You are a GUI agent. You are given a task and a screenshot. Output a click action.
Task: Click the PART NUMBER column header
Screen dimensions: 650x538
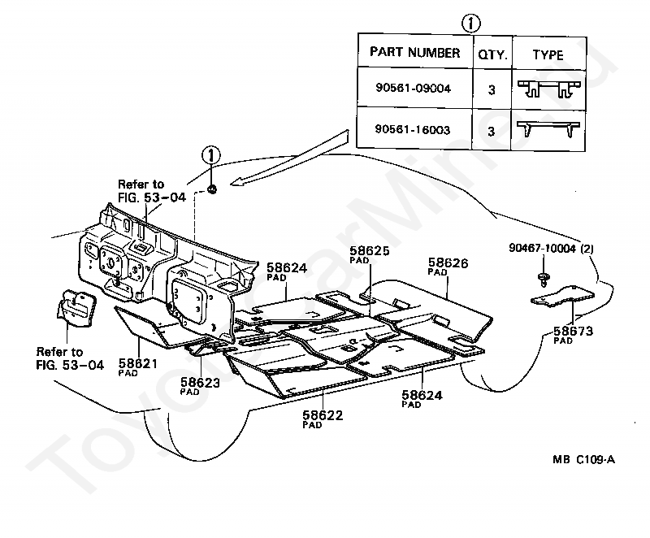[x=414, y=52]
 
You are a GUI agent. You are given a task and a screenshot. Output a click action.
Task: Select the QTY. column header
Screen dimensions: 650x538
[x=492, y=54]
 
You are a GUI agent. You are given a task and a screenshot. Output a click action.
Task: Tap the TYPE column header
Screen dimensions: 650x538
[x=548, y=54]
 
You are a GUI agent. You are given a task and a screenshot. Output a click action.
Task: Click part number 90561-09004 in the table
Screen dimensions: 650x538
[x=413, y=88]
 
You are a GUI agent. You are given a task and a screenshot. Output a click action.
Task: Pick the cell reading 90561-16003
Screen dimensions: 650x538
[x=413, y=129]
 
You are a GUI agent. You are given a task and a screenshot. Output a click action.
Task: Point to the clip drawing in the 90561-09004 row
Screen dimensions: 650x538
[x=549, y=89]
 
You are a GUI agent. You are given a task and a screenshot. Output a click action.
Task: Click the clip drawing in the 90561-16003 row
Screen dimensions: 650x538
[x=548, y=128]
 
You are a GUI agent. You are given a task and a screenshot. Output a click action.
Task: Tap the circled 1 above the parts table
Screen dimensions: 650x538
[x=471, y=24]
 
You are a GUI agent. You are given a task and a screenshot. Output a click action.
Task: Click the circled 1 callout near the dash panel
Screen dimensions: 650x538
[x=211, y=155]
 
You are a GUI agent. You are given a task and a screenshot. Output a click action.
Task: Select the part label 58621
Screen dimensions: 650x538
[x=138, y=363]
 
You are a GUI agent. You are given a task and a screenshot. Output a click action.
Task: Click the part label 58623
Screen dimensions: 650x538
[x=200, y=382]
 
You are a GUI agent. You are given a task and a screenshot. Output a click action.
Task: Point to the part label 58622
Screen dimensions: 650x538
[x=323, y=415]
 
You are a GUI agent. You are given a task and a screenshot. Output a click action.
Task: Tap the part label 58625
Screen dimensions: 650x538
[x=370, y=251]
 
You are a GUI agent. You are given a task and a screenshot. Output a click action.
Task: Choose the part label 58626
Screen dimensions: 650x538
[x=448, y=262]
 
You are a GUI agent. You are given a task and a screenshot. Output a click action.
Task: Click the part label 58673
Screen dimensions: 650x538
[x=574, y=331]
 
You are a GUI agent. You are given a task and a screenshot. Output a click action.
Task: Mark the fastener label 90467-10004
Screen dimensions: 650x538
[x=542, y=248]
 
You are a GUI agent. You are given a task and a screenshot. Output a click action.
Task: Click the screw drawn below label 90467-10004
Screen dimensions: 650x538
[x=543, y=280]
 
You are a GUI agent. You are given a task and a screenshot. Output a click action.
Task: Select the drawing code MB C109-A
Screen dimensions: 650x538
[x=583, y=459]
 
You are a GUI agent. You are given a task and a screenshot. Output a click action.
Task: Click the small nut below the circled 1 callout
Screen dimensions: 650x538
[x=212, y=189]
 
